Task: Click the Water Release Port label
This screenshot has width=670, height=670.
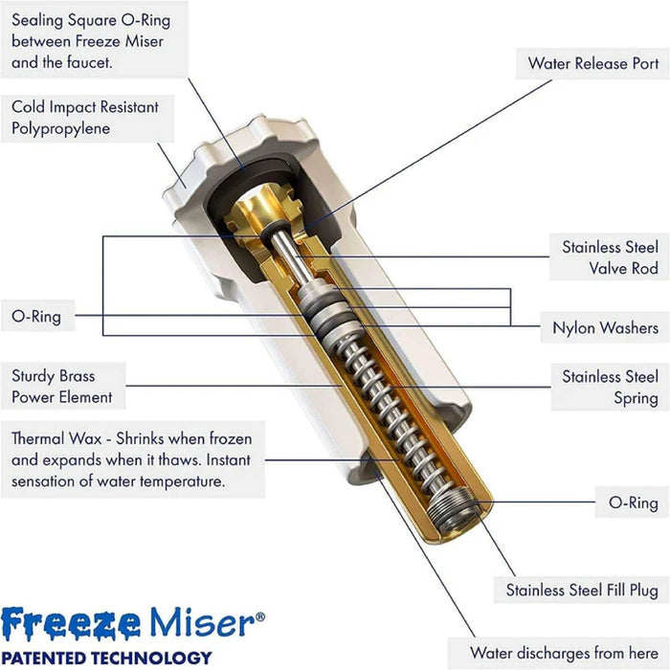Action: click(x=592, y=64)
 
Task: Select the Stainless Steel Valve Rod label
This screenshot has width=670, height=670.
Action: click(x=610, y=257)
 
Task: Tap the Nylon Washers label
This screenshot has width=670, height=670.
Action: click(x=605, y=327)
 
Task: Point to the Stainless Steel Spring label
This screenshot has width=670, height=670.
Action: click(x=610, y=387)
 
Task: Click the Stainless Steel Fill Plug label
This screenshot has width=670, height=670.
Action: click(x=582, y=590)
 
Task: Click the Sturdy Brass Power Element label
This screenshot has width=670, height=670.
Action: click(x=62, y=386)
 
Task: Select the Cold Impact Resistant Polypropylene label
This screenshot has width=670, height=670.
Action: click(x=84, y=118)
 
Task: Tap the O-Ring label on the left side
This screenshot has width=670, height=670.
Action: click(x=36, y=316)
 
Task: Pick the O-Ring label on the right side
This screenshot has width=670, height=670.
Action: click(x=634, y=502)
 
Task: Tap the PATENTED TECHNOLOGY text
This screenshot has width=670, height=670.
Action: click(x=106, y=657)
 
